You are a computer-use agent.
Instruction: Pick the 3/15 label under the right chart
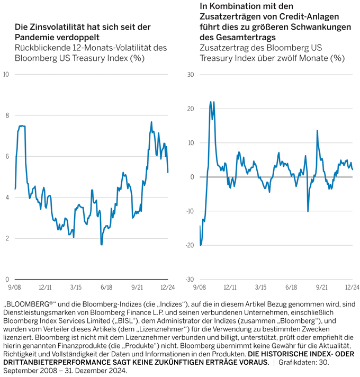tap(260, 287)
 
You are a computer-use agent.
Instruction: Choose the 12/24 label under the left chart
tap(168, 287)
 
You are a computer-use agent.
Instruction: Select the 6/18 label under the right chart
tap(291, 287)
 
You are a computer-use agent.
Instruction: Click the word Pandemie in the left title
tap(33, 37)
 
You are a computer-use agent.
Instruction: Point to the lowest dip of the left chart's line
tap(101, 245)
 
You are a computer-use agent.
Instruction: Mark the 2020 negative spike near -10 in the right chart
tap(308, 211)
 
